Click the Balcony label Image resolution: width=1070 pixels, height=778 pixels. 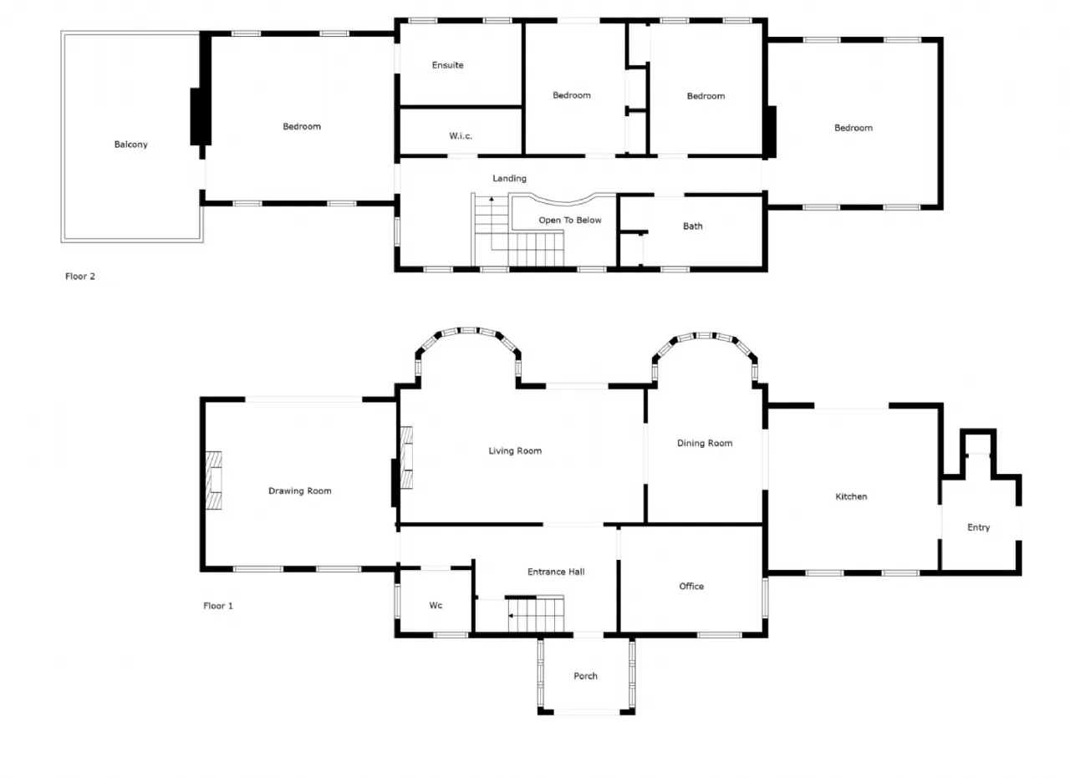point(131,145)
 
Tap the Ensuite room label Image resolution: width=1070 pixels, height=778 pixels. point(447,65)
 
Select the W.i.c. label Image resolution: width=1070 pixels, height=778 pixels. point(461,136)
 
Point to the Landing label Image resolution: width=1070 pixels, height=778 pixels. point(510,179)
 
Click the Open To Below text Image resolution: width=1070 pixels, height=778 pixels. point(570,220)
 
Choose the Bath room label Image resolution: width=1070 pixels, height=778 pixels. point(693,226)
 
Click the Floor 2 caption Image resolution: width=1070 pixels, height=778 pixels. point(80,276)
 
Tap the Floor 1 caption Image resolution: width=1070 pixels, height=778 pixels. point(218,606)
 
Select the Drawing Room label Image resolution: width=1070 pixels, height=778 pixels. point(300,491)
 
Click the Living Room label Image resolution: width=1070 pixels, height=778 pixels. point(515,451)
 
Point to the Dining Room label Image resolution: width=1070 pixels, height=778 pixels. point(705,443)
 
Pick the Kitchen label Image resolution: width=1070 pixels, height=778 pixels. point(851,496)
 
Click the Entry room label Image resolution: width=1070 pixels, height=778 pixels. point(978,527)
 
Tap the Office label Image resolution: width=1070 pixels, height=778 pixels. point(691,586)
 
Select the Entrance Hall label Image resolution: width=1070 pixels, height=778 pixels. point(556,572)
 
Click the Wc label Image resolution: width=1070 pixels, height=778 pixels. point(436,605)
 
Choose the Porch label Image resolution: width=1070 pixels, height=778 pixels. point(585,676)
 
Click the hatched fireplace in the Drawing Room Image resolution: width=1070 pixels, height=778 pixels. point(213,481)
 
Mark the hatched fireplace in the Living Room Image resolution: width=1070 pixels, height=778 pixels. point(406,458)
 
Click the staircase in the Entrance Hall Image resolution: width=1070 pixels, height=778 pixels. point(536,615)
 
